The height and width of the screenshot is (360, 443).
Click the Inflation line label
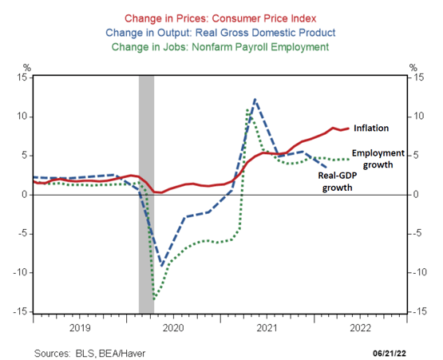(x=373, y=128)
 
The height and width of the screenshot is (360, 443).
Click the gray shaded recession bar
(x=146, y=192)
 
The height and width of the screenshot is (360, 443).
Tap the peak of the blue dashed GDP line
(x=255, y=99)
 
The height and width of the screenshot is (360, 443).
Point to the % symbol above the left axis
(x=26, y=67)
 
